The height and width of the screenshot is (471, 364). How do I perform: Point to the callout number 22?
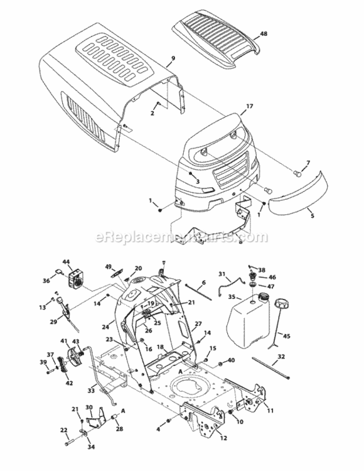pos(63,430)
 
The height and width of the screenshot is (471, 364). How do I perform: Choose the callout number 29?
pos(53,322)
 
